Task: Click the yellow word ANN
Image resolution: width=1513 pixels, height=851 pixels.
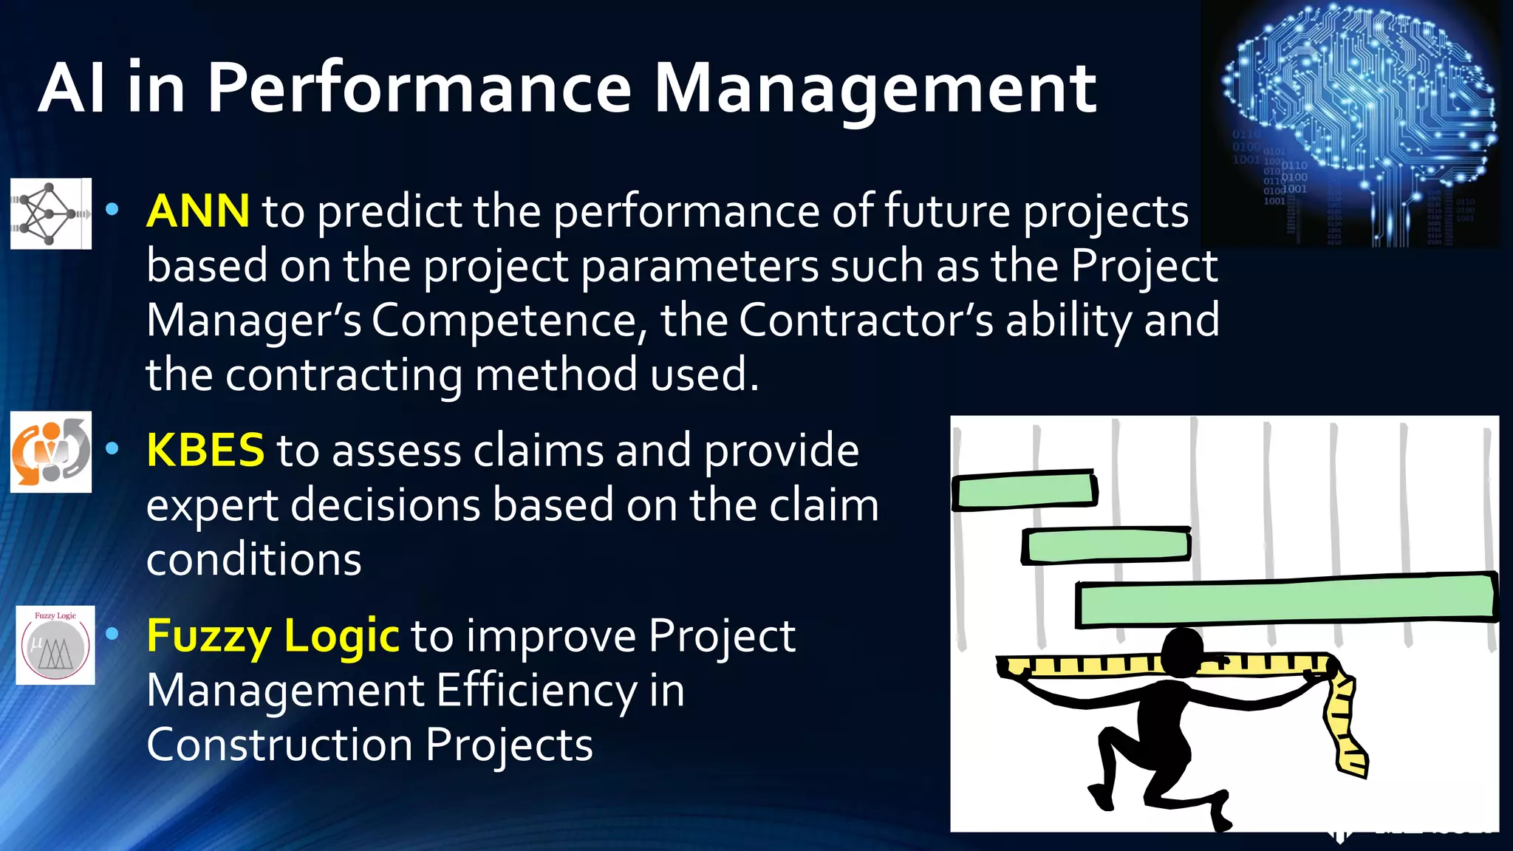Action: point(197,211)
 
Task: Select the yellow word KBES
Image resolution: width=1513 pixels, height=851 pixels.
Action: point(205,450)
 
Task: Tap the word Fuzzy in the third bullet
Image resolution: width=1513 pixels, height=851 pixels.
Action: point(210,636)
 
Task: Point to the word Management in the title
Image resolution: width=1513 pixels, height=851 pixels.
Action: point(875,89)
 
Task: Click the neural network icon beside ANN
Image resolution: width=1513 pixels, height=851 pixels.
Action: point(50,213)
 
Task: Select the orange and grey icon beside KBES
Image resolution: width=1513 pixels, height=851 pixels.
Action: point(50,451)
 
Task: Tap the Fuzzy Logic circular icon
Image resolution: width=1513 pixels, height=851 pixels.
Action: point(55,645)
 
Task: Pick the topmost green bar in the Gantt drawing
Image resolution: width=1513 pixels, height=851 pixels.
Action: point(1024,491)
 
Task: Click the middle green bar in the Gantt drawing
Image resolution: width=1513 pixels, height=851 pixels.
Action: point(1107,547)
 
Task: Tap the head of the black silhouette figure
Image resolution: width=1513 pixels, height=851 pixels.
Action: point(1182,650)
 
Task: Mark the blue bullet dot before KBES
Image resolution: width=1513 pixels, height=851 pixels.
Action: point(112,448)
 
